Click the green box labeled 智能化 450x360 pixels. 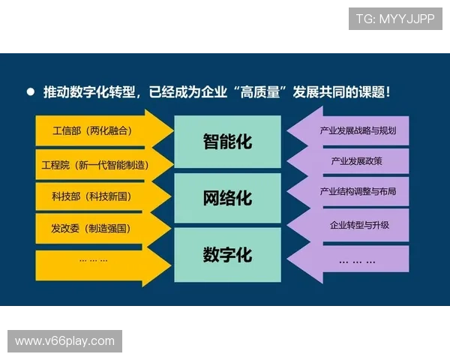coord(227,142)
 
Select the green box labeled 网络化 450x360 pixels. coord(227,199)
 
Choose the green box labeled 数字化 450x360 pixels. coord(227,255)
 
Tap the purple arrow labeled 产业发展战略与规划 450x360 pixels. coord(354,131)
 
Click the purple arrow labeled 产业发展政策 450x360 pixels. coord(354,161)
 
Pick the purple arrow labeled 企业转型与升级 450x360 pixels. coord(354,224)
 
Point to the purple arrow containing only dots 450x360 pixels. coord(354,259)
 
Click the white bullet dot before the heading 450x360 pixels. coord(31,92)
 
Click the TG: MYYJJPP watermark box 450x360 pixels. coord(395,18)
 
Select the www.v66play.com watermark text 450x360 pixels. coord(65,341)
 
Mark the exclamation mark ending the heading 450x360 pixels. coord(386,93)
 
